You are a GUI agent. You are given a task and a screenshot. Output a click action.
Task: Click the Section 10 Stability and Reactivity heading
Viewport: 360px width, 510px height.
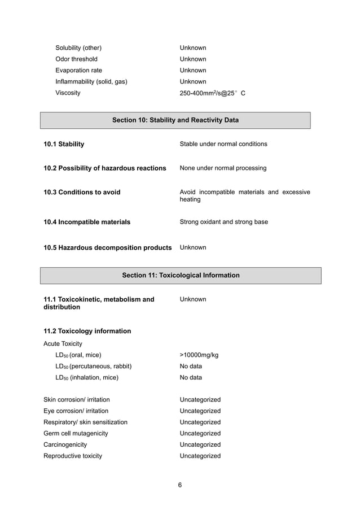click(x=175, y=120)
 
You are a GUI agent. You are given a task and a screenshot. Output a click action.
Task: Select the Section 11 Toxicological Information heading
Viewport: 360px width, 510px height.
click(x=181, y=276)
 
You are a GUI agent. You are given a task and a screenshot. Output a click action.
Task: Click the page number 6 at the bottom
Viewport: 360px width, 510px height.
click(x=180, y=485)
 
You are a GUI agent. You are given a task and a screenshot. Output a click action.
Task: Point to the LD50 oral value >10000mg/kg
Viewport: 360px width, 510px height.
click(x=199, y=355)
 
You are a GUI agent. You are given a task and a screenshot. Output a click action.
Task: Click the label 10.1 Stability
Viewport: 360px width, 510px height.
click(x=64, y=144)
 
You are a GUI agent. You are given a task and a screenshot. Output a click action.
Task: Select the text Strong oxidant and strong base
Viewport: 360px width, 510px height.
click(x=223, y=222)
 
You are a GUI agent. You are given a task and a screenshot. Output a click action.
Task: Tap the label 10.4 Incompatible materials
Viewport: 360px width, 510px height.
click(x=87, y=222)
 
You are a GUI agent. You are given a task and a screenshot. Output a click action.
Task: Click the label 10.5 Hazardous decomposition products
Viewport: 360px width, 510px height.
click(x=107, y=247)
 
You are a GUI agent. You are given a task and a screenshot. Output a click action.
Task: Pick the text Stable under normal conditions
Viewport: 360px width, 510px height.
click(x=223, y=144)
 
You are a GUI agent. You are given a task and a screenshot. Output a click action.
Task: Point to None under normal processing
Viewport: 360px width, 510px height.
click(x=223, y=168)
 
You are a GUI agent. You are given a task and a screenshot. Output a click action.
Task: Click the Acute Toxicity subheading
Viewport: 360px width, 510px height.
click(x=63, y=343)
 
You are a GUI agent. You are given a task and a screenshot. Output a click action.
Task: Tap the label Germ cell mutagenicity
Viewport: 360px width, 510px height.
click(x=76, y=433)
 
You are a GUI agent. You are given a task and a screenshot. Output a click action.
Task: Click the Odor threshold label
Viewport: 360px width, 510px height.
click(x=76, y=59)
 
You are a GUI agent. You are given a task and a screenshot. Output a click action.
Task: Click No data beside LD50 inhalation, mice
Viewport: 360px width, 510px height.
click(x=191, y=377)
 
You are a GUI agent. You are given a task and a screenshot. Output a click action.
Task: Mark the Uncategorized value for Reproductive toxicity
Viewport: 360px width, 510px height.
click(x=200, y=456)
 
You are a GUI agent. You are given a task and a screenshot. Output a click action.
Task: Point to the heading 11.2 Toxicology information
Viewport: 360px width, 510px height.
click(x=87, y=331)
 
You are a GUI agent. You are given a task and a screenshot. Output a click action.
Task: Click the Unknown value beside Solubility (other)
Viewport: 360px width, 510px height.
click(x=192, y=48)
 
